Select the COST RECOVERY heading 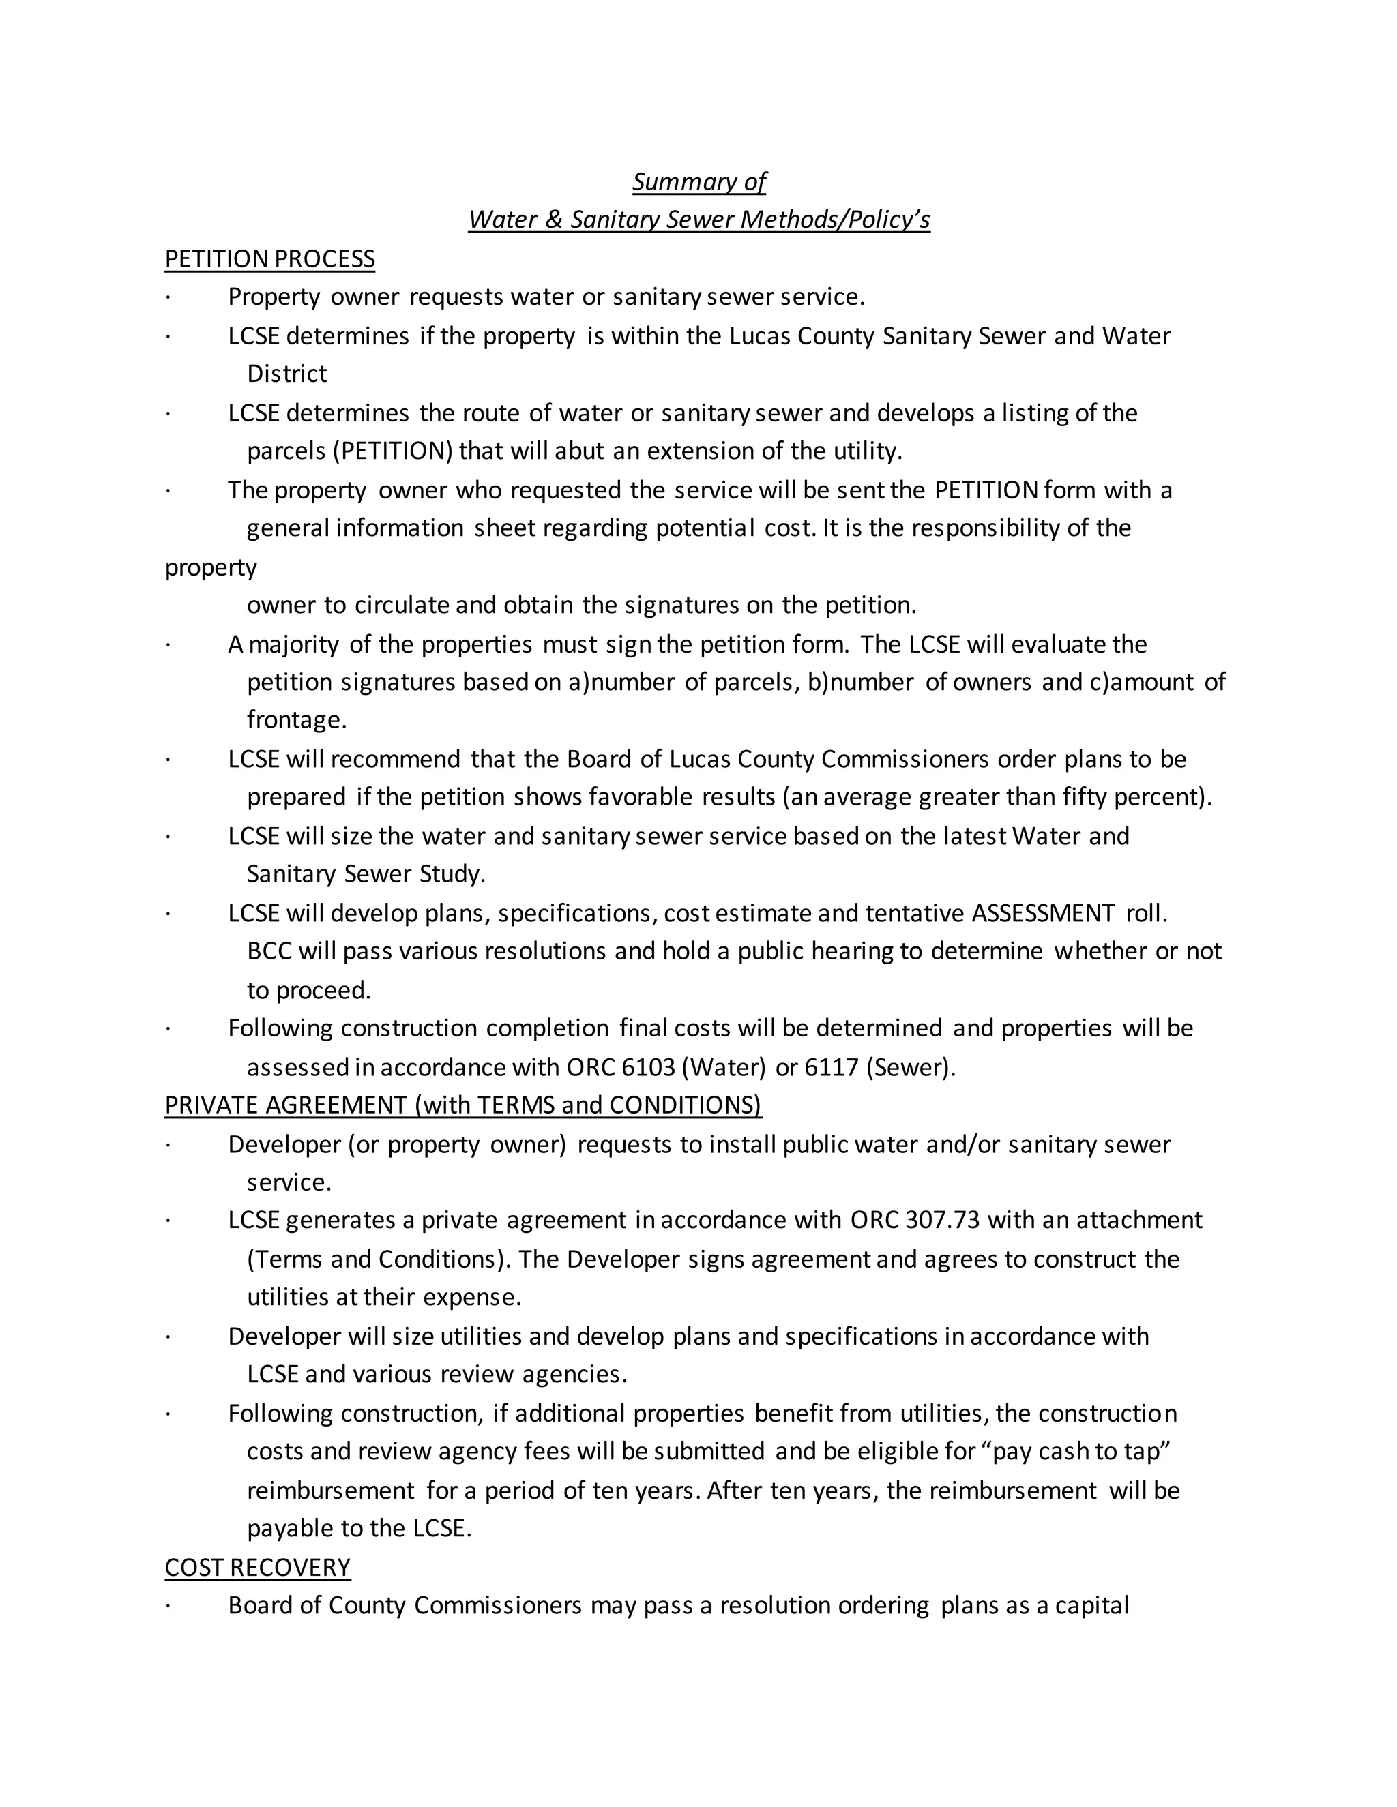point(257,1567)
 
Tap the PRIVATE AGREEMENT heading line point(462,1105)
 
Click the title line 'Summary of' point(698,181)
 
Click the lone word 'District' point(286,374)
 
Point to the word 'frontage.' point(296,720)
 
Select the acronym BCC point(269,951)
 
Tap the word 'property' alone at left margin point(210,567)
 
